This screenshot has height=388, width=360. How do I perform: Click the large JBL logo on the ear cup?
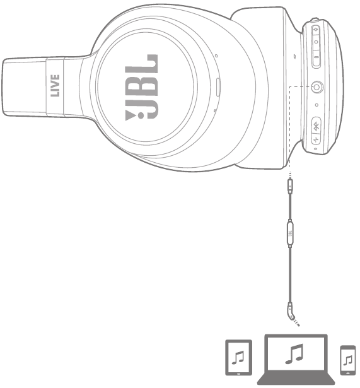(141, 86)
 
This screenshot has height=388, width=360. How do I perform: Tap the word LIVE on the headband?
(55, 85)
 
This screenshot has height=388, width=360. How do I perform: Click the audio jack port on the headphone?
(317, 87)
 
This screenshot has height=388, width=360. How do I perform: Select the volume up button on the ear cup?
(315, 30)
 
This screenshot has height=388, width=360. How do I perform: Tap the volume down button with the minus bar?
(316, 57)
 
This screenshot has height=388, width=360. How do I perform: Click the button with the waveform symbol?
(316, 140)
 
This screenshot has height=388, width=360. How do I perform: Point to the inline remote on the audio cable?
(290, 233)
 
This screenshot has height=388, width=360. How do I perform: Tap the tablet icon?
(238, 357)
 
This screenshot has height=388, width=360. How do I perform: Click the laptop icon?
(296, 360)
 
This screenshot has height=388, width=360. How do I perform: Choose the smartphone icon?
(348, 360)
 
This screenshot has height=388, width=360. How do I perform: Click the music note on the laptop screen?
(294, 354)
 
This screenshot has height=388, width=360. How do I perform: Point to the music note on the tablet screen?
(238, 357)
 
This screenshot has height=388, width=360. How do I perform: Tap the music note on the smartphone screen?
(348, 360)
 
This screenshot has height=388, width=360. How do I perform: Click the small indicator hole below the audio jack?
(316, 105)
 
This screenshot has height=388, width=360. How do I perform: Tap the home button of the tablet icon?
(238, 373)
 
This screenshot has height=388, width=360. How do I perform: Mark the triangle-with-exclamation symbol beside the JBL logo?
(131, 115)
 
